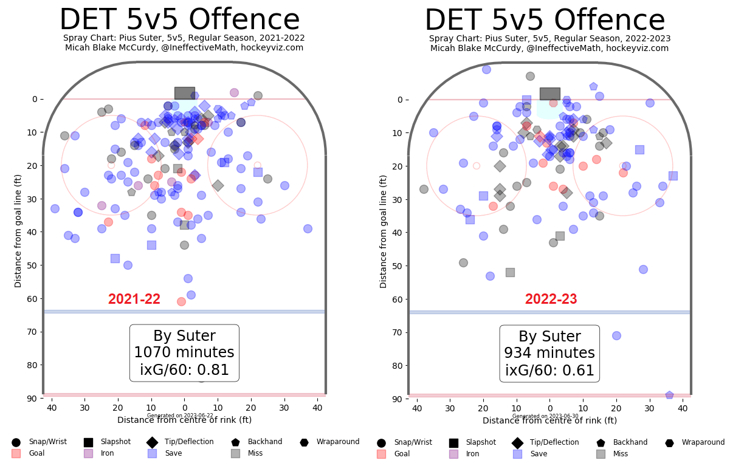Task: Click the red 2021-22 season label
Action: pos(134,300)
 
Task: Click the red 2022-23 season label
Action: pos(551,300)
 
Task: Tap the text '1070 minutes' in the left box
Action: pos(184,353)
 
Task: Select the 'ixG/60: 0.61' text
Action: pos(549,371)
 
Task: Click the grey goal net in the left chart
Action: pos(184,93)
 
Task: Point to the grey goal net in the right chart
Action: pos(549,94)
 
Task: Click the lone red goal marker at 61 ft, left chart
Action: pos(181,301)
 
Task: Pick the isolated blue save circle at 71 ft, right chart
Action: pos(616,335)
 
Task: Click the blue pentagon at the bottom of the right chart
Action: pos(669,396)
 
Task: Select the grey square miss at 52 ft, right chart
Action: pos(510,272)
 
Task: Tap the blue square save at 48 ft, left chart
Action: pos(115,259)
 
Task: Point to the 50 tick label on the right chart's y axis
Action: pos(398,266)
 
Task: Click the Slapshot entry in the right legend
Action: pos(481,442)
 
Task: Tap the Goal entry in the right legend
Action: pos(401,454)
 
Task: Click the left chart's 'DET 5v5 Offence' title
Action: pos(179,21)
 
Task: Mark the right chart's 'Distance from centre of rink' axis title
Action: pos(549,420)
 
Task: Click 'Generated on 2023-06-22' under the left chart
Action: pos(180,416)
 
